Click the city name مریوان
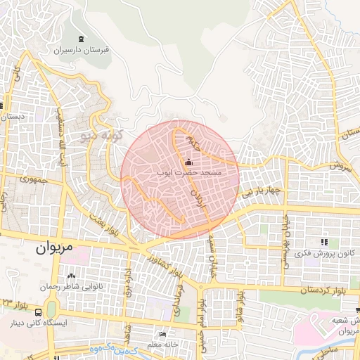pyautogui.click(x=53, y=247)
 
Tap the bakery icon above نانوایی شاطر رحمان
pyautogui.click(x=71, y=275)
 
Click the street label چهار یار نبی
pyautogui.click(x=257, y=191)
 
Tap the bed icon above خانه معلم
pyautogui.click(x=163, y=335)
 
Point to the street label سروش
pyautogui.click(x=339, y=167)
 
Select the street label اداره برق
pyautogui.click(x=129, y=281)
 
